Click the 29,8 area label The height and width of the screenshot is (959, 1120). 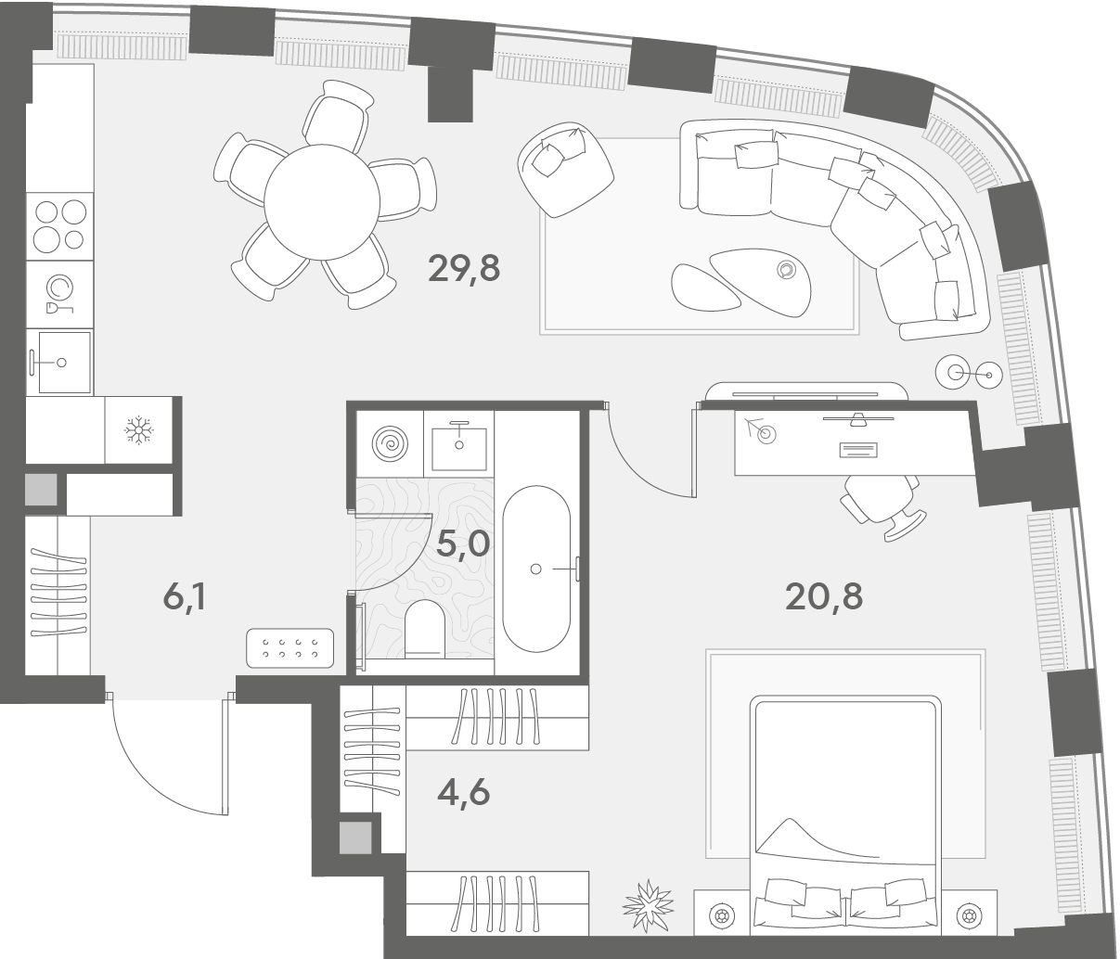coord(464,269)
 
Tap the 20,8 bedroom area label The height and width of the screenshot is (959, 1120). coord(824,597)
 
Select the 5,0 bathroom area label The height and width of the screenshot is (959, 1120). coord(463,544)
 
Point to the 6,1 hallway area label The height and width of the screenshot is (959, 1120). coord(185,597)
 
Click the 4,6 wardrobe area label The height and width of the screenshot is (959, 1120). coord(463,793)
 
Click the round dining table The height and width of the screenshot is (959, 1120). coord(322,202)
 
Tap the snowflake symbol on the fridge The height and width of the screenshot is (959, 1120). coord(139,430)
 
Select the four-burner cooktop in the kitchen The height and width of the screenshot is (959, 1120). coord(59,225)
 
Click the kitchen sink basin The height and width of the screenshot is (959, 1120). coord(64,363)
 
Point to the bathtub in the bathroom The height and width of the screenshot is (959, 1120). coord(536,568)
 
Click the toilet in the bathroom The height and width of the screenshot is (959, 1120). coord(425,629)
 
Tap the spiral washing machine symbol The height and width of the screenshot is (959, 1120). coord(390,443)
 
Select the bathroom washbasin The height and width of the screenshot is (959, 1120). coord(459,444)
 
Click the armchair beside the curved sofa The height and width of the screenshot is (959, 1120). coord(565,169)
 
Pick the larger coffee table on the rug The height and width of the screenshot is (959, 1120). coord(760,283)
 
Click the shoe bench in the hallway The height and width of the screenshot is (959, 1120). coord(290,647)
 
